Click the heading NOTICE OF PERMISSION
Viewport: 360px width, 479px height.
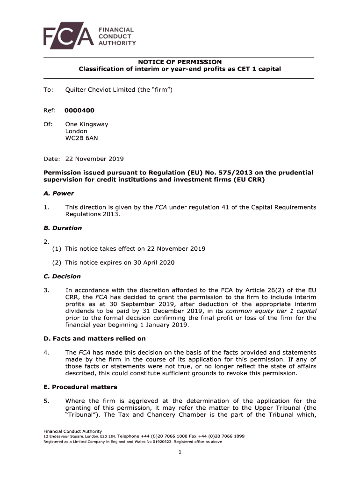(180, 62)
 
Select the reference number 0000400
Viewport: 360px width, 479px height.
(79, 110)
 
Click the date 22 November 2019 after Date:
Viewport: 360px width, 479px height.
(94, 159)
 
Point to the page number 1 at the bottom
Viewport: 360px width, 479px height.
(180, 451)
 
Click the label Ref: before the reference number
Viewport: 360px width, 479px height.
(50, 110)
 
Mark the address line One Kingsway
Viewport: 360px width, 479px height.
(86, 124)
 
